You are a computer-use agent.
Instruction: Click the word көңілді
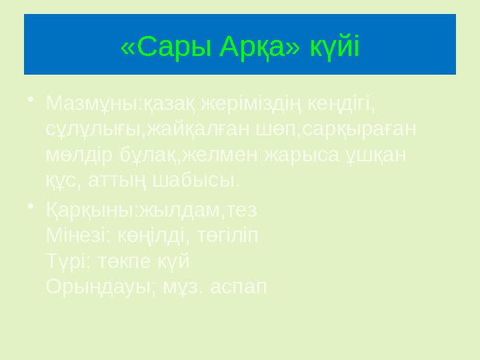pyautogui.click(x=148, y=236)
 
